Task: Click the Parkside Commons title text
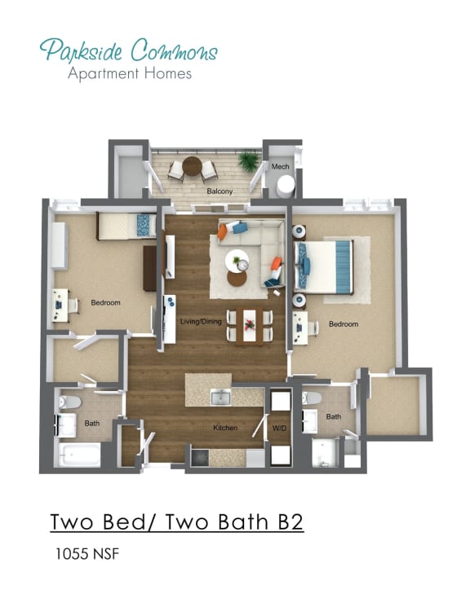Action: (x=128, y=51)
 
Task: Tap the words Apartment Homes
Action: (x=130, y=73)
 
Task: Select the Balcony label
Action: (x=219, y=191)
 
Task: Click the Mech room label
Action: (x=281, y=167)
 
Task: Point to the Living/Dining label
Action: (x=201, y=323)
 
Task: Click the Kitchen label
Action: (x=225, y=428)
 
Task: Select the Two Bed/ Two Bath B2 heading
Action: (x=176, y=521)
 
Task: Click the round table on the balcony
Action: (x=192, y=167)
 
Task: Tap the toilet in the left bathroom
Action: (x=69, y=402)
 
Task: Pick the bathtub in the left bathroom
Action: (x=78, y=455)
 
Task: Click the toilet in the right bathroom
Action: (x=312, y=399)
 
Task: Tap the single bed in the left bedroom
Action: (x=125, y=225)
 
